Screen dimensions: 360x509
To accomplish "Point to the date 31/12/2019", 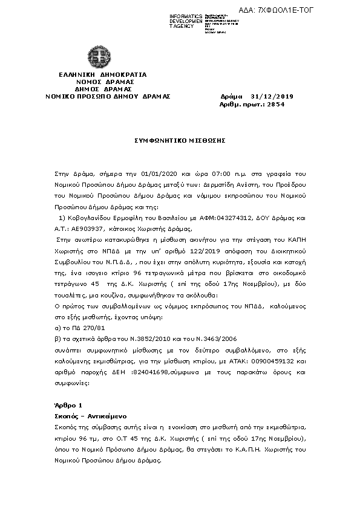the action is tap(272, 96).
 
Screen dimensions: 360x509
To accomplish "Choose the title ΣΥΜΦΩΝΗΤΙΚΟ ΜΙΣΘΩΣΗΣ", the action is tap(180, 140).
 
